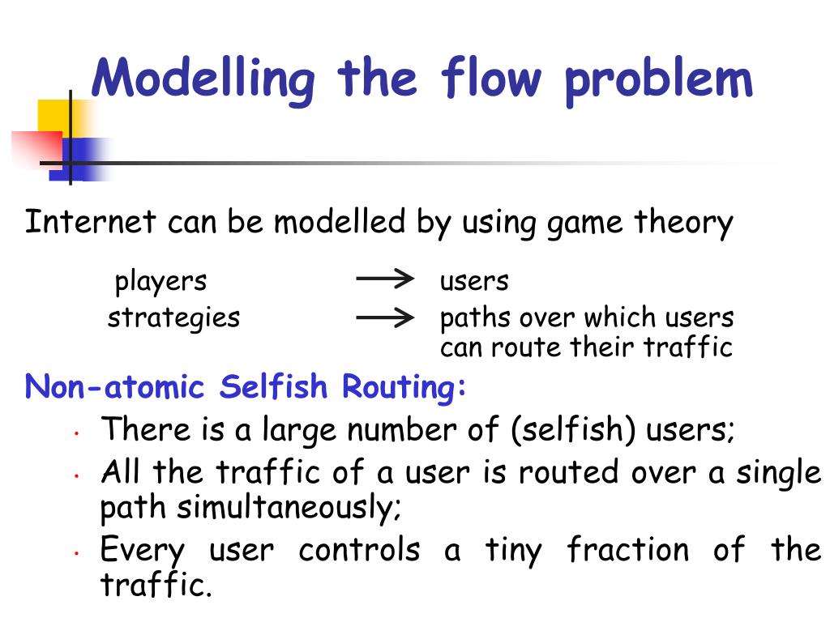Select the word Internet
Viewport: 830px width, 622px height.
click(x=89, y=221)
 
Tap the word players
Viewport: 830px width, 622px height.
click(x=160, y=282)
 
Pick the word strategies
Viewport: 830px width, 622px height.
click(x=173, y=317)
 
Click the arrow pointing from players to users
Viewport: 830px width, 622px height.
click(x=385, y=280)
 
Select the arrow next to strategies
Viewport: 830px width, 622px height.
click(x=385, y=317)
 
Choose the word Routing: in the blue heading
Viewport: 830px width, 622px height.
click(x=405, y=389)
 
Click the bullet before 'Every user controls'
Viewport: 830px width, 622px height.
click(x=75, y=555)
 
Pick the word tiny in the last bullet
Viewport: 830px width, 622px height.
click(x=514, y=551)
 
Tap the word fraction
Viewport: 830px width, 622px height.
click(x=627, y=550)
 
